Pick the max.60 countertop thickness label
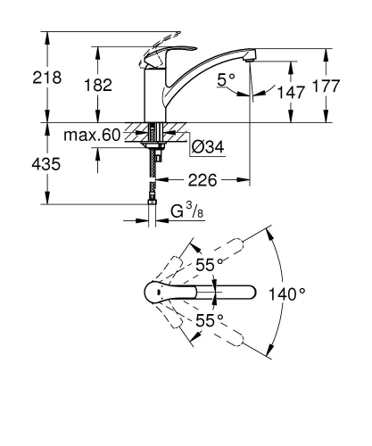pyautogui.click(x=92, y=136)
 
